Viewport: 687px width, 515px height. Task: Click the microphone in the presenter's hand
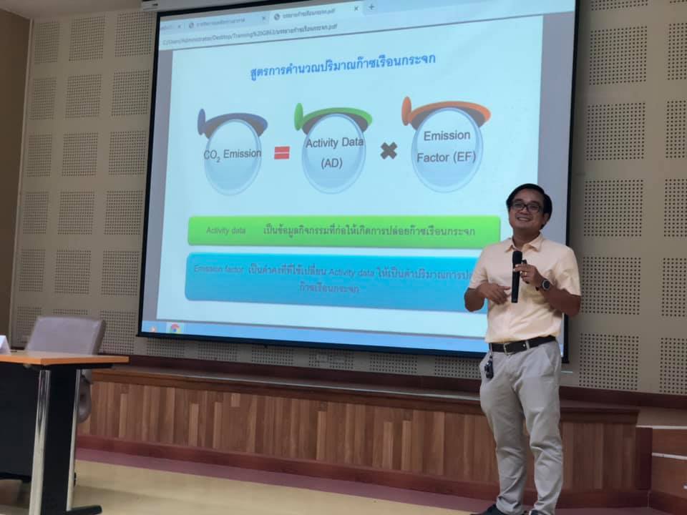(x=516, y=275)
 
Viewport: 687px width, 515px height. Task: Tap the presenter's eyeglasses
(x=527, y=207)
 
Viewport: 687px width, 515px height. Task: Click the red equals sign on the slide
(x=281, y=152)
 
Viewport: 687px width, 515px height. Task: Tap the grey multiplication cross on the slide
(x=389, y=151)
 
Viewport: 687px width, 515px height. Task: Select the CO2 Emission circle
(x=233, y=155)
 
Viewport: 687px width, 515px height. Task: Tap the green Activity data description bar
(x=343, y=230)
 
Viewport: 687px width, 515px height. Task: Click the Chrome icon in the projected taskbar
(x=175, y=328)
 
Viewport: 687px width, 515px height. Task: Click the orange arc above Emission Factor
(x=445, y=109)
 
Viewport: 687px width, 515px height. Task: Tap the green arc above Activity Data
(x=333, y=114)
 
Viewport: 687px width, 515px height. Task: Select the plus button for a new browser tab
(x=371, y=7)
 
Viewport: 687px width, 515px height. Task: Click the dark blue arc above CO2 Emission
(x=232, y=122)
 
